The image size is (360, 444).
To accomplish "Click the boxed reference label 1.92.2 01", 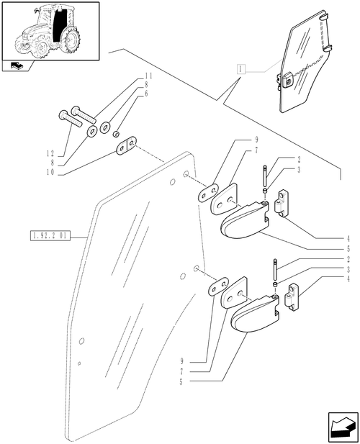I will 48,236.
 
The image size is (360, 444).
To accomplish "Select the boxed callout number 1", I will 240,69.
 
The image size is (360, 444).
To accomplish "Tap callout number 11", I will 149,76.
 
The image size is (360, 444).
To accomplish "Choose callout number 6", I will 147,94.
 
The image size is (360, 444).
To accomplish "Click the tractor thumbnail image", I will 50,31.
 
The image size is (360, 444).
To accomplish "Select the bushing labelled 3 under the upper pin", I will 266,192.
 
